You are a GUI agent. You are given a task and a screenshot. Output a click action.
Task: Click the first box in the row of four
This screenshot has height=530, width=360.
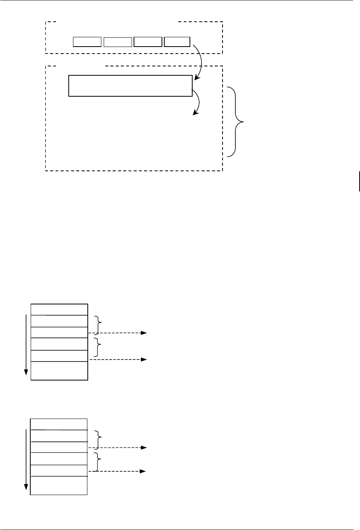pyautogui.click(x=87, y=42)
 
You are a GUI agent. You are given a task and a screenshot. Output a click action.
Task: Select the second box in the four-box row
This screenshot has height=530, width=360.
pyautogui.click(x=118, y=42)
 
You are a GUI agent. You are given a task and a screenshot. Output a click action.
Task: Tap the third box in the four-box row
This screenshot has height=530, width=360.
pyautogui.click(x=148, y=42)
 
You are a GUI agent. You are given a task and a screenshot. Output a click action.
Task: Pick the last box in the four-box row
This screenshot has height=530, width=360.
pyautogui.click(x=177, y=42)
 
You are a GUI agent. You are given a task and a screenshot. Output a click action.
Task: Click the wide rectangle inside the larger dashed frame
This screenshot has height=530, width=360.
pyautogui.click(x=130, y=85)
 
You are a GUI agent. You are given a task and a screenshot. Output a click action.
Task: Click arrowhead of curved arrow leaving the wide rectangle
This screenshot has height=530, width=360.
pyautogui.click(x=195, y=114)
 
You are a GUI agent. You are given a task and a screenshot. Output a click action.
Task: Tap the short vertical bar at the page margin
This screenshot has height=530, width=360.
pyautogui.click(x=360, y=181)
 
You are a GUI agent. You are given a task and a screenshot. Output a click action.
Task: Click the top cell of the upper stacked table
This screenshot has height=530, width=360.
pyautogui.click(x=59, y=309)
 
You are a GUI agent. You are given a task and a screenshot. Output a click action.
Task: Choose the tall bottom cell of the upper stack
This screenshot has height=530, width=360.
pyautogui.click(x=59, y=371)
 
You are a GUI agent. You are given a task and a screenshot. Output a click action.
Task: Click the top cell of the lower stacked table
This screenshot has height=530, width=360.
pyautogui.click(x=59, y=424)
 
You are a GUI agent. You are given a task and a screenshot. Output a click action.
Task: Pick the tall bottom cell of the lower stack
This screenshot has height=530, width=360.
pyautogui.click(x=59, y=485)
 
